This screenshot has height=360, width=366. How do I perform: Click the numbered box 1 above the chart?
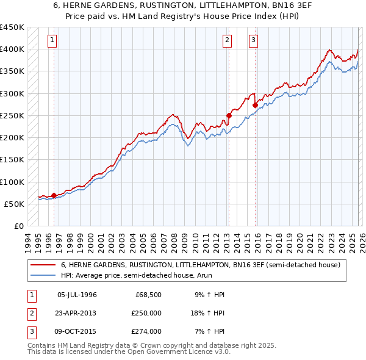click(52, 41)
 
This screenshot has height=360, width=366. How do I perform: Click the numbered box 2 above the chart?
click(227, 41)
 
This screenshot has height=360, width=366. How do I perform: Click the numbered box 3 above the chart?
click(253, 41)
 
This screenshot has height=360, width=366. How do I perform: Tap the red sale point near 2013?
click(229, 115)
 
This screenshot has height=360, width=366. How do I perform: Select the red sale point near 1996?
click(54, 196)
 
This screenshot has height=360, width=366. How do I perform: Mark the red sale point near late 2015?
click(255, 105)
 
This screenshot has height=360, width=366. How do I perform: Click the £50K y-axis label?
click(14, 204)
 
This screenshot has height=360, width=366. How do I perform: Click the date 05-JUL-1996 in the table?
click(77, 295)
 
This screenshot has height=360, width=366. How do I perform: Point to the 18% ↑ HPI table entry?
click(207, 313)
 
